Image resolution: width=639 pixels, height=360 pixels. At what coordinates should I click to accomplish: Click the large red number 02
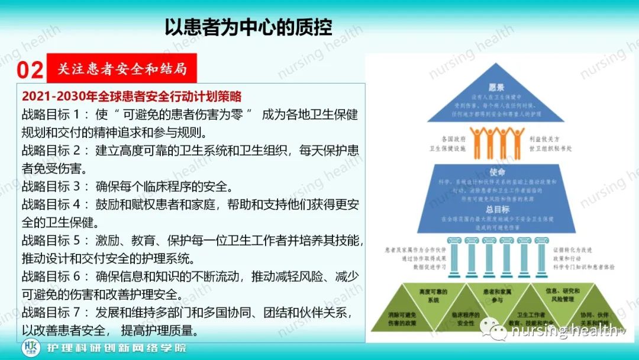(x=30, y=70)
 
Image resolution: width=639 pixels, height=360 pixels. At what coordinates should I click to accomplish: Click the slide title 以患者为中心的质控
(x=248, y=27)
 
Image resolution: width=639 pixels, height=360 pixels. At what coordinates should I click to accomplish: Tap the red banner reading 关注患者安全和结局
(x=122, y=69)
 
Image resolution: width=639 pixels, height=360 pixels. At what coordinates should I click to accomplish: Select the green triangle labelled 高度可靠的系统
(x=434, y=296)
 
